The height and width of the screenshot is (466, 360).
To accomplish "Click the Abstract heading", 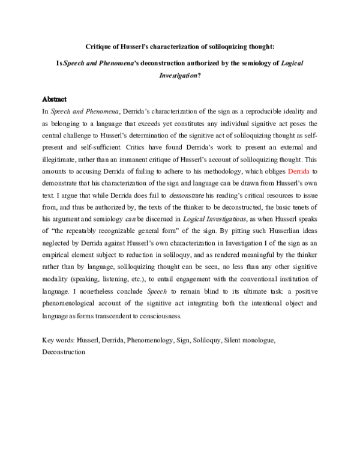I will (54, 98).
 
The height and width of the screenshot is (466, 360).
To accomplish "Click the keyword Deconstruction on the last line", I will (64, 353).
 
